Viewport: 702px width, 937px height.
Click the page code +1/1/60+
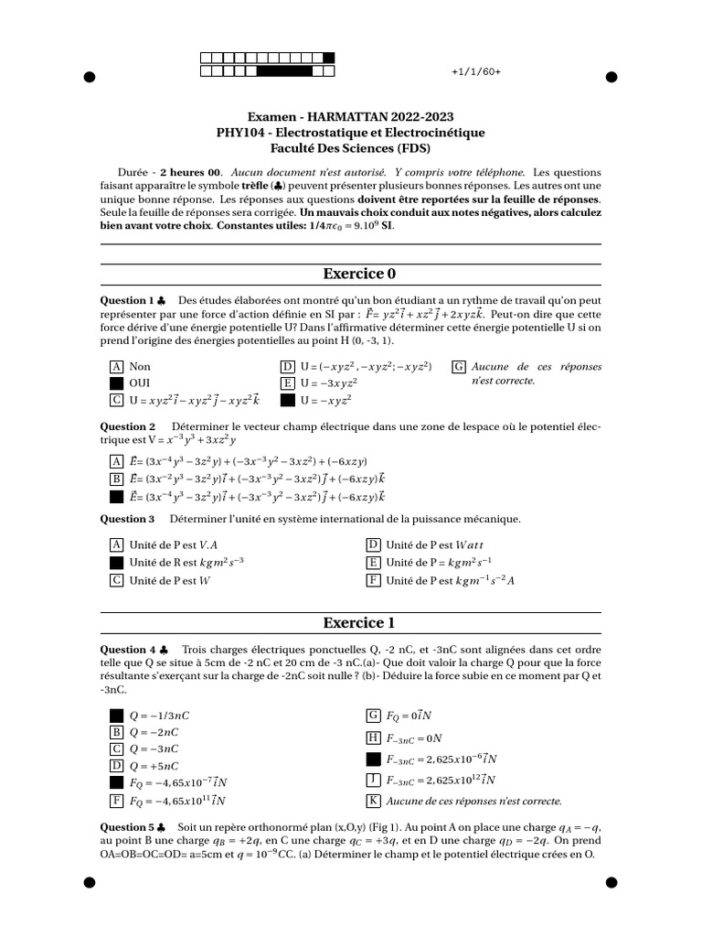point(476,72)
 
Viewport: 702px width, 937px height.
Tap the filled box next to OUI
point(116,382)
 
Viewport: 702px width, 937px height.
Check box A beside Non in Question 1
point(116,366)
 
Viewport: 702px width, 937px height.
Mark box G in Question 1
point(459,366)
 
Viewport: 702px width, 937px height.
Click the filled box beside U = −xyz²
point(287,400)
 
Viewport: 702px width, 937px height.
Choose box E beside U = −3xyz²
point(287,382)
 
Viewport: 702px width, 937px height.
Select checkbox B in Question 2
point(116,479)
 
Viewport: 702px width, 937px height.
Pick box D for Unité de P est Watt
point(373,544)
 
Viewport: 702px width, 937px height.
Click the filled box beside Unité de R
point(116,562)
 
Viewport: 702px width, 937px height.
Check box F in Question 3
point(373,580)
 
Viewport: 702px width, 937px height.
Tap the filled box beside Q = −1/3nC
point(116,715)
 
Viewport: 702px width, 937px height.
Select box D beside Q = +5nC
point(116,765)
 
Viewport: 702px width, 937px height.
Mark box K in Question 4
point(373,801)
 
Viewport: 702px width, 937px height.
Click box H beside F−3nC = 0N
point(373,738)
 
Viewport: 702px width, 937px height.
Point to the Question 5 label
point(127,825)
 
